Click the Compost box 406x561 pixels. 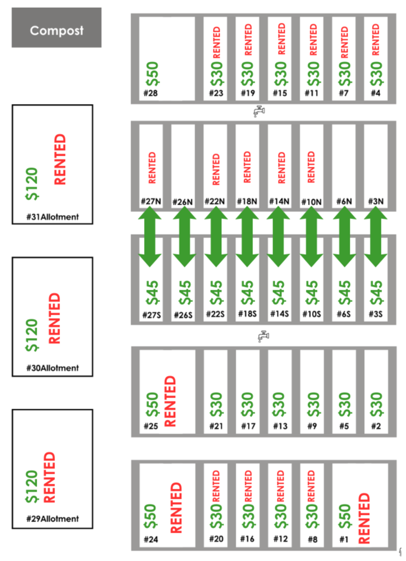[x=56, y=28]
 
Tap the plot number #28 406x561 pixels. [x=150, y=93]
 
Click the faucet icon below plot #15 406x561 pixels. [x=259, y=112]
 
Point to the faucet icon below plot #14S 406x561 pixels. [x=264, y=336]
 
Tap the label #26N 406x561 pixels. [x=182, y=201]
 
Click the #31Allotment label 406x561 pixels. [x=52, y=217]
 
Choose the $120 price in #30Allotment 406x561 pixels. [x=33, y=336]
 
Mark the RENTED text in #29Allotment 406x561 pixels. [x=49, y=476]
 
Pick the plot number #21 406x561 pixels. [x=215, y=426]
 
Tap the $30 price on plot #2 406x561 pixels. [x=376, y=405]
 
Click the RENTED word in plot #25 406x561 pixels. [x=170, y=400]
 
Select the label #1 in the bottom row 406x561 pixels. [x=343, y=538]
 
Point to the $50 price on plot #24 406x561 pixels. [x=150, y=516]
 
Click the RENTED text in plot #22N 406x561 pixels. [x=216, y=168]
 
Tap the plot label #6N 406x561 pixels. [x=344, y=201]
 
